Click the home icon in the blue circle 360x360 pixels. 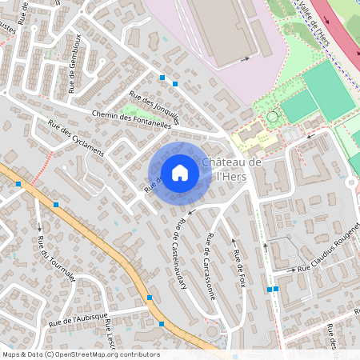point(179,172)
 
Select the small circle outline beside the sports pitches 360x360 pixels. point(272,117)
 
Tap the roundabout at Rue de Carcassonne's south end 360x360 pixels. point(212,330)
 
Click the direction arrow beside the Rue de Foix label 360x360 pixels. point(233,240)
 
